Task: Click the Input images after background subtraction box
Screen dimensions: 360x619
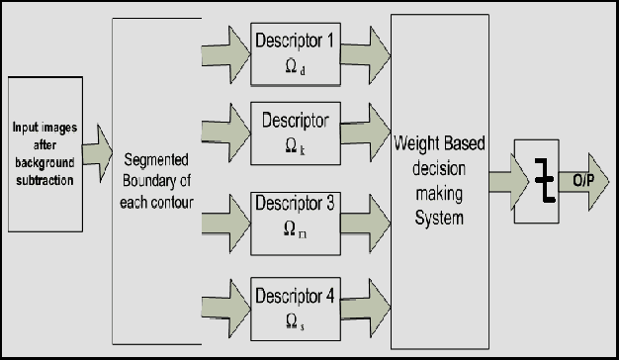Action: coord(45,152)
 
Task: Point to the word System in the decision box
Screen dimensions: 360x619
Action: coord(440,218)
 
